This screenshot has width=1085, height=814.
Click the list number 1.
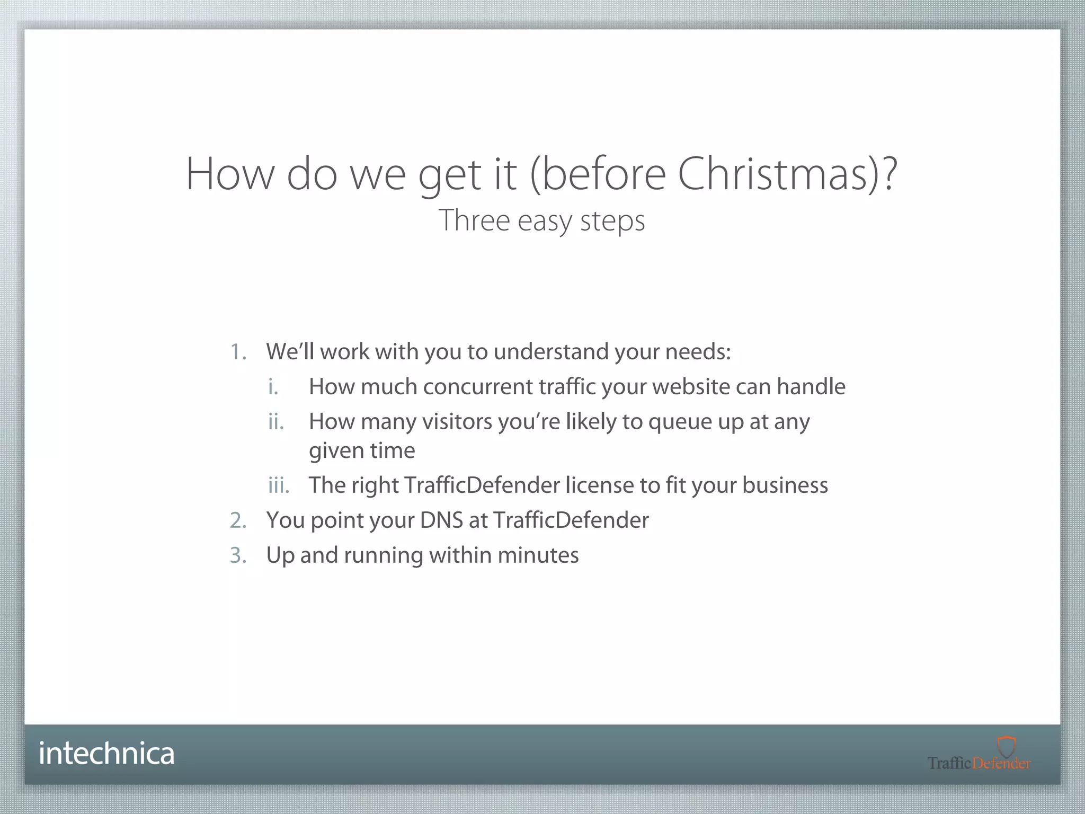[238, 352]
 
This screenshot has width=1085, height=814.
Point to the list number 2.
[238, 520]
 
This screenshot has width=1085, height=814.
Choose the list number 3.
[238, 555]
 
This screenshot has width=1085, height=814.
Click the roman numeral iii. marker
[279, 485]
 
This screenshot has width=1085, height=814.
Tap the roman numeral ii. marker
[276, 422]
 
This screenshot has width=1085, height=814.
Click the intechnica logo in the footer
[106, 753]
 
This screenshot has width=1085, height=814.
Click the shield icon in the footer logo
[1006, 746]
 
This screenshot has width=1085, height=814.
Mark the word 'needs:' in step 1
[698, 352]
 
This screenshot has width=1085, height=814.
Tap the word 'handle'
[811, 387]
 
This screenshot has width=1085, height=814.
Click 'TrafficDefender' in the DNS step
[571, 520]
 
